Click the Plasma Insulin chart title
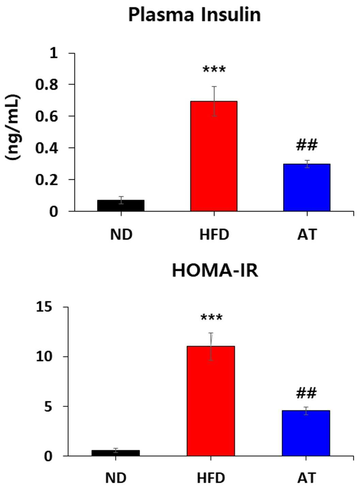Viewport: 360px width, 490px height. tap(194, 15)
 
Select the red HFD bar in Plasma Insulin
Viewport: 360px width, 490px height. tap(214, 156)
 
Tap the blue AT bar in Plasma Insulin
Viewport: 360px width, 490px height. tap(307, 187)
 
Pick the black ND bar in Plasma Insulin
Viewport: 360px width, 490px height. tap(121, 205)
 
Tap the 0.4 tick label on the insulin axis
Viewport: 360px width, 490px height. tap(47, 149)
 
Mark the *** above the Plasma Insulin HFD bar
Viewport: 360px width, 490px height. tap(214, 70)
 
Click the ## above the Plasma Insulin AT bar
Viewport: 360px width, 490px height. tap(307, 145)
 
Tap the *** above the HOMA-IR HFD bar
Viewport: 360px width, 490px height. tap(212, 318)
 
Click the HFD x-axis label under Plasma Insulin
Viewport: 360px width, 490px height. tap(214, 234)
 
